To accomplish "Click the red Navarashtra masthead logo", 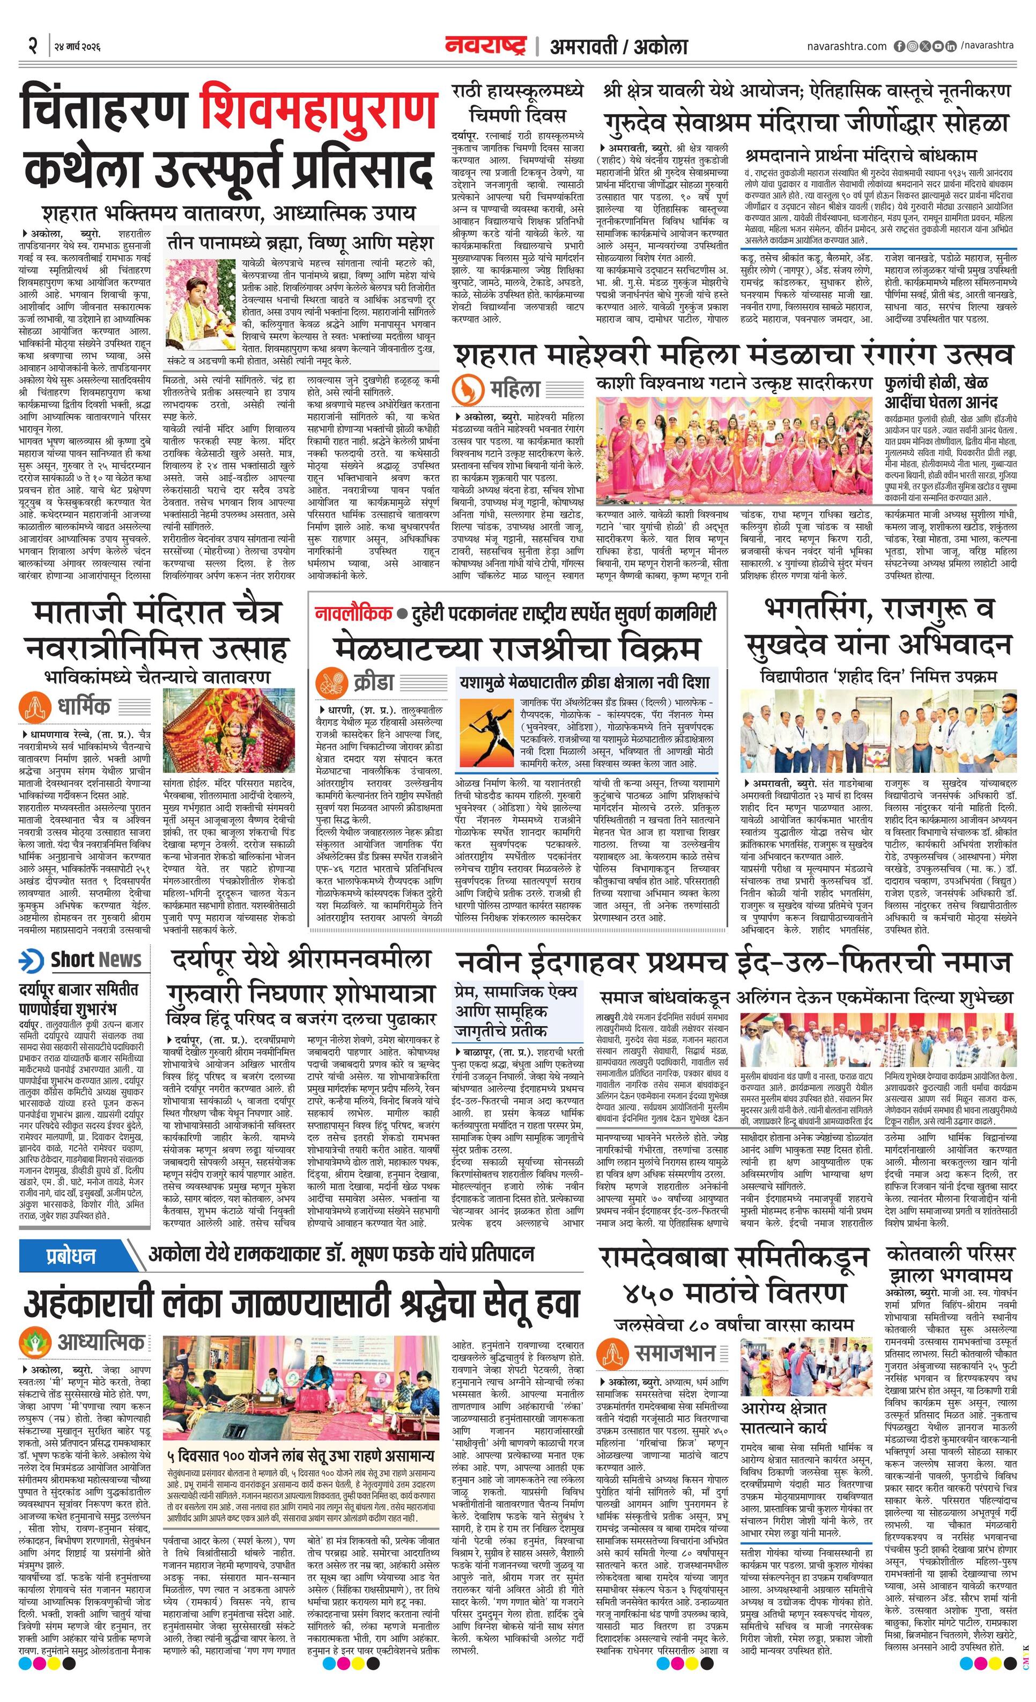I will tap(487, 46).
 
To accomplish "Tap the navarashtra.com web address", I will tap(846, 46).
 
